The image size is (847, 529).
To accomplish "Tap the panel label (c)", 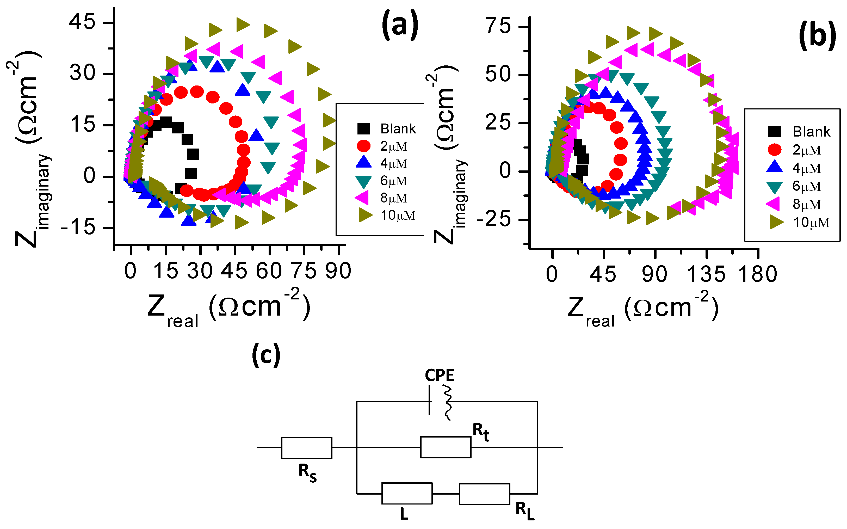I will (266, 355).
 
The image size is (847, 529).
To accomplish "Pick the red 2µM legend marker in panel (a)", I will (364, 146).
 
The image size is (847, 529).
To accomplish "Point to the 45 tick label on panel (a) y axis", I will (82, 22).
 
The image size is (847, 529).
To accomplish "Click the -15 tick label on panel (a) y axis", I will (78, 228).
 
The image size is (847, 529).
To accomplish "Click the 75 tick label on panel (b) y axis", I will (498, 26).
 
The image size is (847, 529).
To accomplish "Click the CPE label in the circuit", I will (440, 376).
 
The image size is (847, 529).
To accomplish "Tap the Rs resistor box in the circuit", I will (307, 448).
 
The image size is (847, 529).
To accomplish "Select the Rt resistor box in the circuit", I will (446, 447).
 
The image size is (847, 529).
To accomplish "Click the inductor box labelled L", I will (407, 493).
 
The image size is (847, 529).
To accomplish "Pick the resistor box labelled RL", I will (485, 494).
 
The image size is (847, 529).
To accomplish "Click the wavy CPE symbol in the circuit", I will (447, 402).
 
